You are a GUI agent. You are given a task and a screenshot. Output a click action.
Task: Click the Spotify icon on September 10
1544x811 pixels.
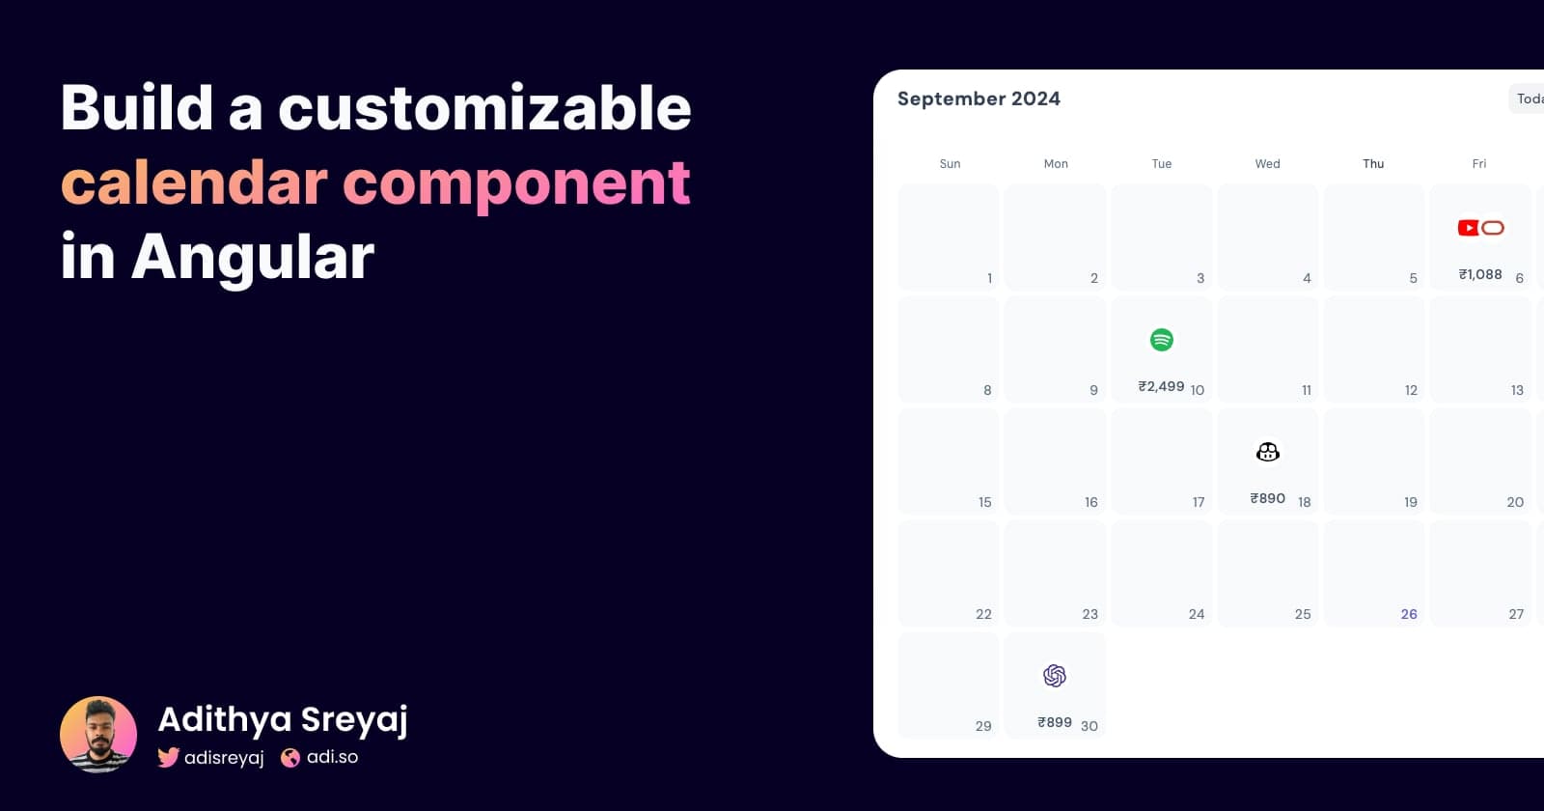(1162, 340)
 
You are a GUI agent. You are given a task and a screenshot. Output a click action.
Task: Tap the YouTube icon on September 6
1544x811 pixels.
(1468, 228)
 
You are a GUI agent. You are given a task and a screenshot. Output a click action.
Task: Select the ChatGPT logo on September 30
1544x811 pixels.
(1055, 676)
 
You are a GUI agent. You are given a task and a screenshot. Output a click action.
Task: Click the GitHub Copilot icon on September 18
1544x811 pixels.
(1268, 452)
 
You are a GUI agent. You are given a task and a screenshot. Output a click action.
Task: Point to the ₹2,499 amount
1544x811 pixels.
(1161, 386)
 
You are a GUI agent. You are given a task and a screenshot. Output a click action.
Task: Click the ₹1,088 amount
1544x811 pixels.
(1480, 274)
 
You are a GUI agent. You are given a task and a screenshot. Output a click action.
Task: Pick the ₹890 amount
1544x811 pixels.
(1267, 498)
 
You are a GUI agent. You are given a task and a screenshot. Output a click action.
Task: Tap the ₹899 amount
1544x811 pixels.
(1055, 722)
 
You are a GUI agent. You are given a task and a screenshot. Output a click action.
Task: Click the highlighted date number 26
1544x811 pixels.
(1409, 614)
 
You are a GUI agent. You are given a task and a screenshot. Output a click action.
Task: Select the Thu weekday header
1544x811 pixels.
(1373, 164)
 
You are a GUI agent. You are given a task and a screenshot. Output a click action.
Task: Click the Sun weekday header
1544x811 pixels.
(950, 164)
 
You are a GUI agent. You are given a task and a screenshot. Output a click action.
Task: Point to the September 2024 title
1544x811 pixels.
(979, 98)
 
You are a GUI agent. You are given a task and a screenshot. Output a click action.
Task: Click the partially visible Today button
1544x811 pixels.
(1529, 98)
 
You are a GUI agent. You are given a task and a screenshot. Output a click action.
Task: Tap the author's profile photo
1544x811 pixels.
(98, 735)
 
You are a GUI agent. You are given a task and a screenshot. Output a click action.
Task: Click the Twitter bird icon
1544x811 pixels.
(169, 758)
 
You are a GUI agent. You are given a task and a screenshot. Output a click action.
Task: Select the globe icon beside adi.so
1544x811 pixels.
(290, 758)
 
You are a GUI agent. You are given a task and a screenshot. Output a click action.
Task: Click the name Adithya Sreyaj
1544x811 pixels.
(283, 719)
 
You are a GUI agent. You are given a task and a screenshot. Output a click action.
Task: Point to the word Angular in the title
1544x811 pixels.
(253, 257)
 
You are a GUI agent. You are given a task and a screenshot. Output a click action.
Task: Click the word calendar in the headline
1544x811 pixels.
(194, 182)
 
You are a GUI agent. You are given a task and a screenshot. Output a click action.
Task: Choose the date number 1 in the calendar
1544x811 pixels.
(989, 278)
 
